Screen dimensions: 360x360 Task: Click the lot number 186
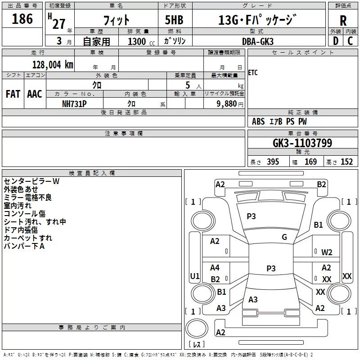coord(22,18)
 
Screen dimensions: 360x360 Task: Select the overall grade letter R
coord(343,20)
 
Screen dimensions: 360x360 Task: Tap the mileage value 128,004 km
coord(53,65)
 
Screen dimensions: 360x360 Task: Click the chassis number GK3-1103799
coord(302,143)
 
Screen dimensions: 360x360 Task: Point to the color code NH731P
coord(74,104)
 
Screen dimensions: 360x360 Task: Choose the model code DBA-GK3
coord(258,41)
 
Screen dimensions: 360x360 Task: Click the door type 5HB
coord(174,20)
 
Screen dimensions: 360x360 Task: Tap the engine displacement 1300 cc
coord(141,41)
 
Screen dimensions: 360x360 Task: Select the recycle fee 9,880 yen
coord(230,104)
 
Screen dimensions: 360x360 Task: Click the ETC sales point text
coord(253,72)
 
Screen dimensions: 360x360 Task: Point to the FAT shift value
coord(13,94)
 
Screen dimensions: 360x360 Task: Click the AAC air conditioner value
coord(35,94)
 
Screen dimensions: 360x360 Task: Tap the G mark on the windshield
coord(284,237)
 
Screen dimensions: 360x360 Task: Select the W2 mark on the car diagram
coord(327,252)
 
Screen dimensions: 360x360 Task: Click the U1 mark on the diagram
coord(195,276)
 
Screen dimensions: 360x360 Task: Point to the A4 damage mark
coord(215,267)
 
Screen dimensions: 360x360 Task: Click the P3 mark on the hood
coord(251,216)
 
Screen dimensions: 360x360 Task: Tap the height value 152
coord(346,162)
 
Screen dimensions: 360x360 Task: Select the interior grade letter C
coord(350,41)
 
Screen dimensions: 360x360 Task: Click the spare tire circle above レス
coord(197,328)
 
